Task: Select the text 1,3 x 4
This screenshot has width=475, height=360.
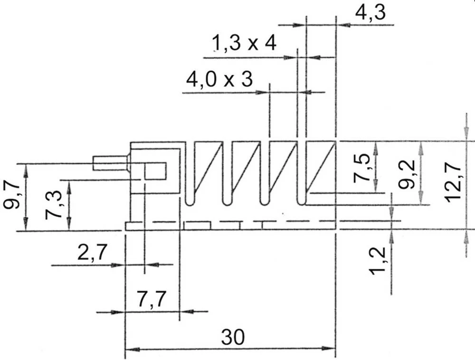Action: point(244,44)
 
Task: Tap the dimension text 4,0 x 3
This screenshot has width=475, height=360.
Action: point(219,79)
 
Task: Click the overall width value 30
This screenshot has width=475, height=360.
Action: point(232,337)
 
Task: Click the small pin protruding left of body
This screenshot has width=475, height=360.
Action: point(110,163)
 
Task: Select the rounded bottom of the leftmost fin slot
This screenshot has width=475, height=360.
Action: point(190,202)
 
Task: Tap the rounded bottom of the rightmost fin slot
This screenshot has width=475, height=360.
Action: point(301,202)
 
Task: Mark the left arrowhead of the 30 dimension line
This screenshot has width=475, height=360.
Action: point(131,349)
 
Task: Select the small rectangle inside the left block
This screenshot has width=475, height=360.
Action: point(155,171)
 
